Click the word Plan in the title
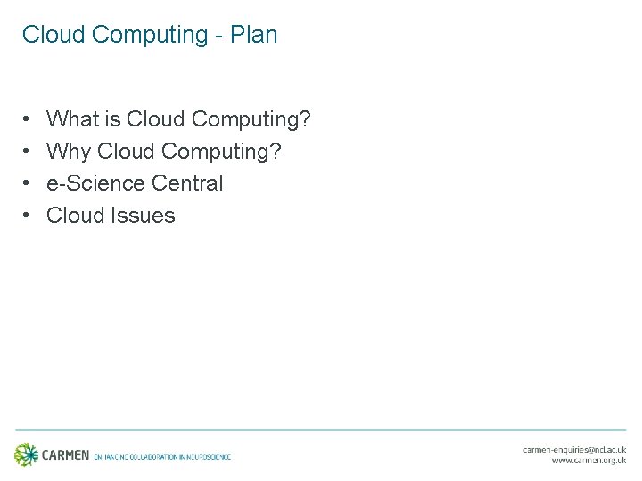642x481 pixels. pyautogui.click(x=254, y=35)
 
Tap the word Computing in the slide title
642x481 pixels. pyautogui.click(x=149, y=36)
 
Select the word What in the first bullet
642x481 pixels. pyautogui.click(x=72, y=118)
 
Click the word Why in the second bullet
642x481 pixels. pyautogui.click(x=69, y=151)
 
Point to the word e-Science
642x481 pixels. pyautogui.click(x=95, y=183)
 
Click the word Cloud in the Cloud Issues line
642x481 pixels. pyautogui.click(x=76, y=216)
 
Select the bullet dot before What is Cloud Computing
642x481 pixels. pyautogui.click(x=29, y=119)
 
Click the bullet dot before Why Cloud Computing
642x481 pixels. pyautogui.click(x=29, y=152)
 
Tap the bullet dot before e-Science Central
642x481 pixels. pyautogui.click(x=29, y=184)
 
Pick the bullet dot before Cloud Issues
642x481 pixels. pyautogui.click(x=29, y=216)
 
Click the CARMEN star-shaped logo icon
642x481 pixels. pyautogui.click(x=27, y=454)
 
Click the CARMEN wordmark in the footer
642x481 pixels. pyautogui.click(x=66, y=455)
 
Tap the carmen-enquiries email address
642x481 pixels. pyautogui.click(x=574, y=451)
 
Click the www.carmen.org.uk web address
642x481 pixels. pyautogui.click(x=588, y=461)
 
